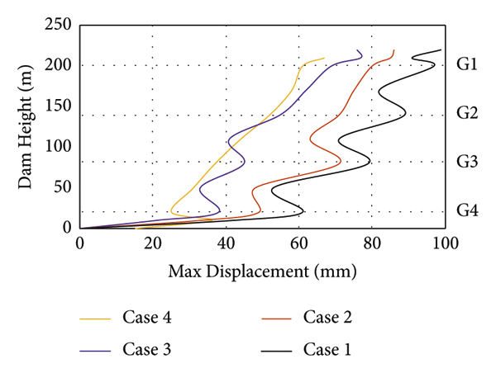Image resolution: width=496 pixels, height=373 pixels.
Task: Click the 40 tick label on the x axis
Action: point(226,244)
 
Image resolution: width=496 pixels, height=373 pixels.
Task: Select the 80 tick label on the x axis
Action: point(371,244)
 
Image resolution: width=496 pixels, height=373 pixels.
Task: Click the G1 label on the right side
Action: point(467,65)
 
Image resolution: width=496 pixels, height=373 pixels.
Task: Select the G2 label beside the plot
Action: point(467,113)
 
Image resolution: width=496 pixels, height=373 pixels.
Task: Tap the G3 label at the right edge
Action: point(467,162)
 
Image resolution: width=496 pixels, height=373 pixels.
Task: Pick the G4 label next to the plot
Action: point(467,210)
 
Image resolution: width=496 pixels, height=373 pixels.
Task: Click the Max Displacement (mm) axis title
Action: point(262,271)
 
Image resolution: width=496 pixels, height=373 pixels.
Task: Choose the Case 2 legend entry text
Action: point(328,317)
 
